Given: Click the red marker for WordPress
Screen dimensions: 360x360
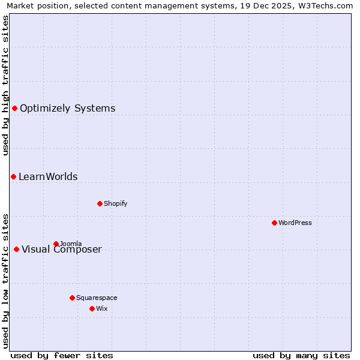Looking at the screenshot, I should [x=274, y=223].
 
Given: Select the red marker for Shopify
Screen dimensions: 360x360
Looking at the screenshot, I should [x=100, y=203].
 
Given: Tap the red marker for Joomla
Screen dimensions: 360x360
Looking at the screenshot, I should [x=56, y=244].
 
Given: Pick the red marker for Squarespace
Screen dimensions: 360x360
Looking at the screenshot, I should [x=72, y=298].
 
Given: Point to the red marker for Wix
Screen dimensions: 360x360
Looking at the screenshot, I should [x=92, y=308].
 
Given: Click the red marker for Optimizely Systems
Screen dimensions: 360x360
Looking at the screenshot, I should [x=14, y=108].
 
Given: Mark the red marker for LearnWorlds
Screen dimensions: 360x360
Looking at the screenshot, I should [x=13, y=176].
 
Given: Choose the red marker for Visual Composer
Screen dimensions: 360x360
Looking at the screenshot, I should [x=16, y=249].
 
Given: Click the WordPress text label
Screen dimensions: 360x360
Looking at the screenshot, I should [x=295, y=223].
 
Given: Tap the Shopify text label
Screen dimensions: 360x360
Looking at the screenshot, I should [x=116, y=203].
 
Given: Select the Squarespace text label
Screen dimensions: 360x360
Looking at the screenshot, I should [x=97, y=298].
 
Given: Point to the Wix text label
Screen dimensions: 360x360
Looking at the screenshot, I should [x=101, y=308].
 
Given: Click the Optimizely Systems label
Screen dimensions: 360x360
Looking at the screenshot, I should [x=68, y=109].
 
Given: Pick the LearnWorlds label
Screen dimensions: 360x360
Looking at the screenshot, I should [x=48, y=177].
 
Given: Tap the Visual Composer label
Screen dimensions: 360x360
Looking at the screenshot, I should [x=62, y=250].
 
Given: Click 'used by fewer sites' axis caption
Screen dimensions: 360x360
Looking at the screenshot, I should [x=62, y=355].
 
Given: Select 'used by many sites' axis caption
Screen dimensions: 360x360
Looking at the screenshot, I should [x=301, y=355].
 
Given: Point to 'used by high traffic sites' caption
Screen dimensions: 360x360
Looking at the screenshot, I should [x=5, y=85].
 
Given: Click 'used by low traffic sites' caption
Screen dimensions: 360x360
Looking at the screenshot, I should [x=5, y=281].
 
